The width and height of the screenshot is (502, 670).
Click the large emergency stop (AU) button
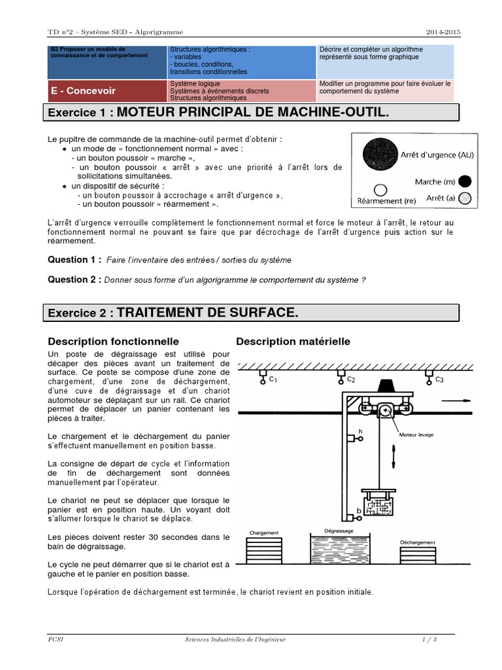pyautogui.click(x=380, y=154)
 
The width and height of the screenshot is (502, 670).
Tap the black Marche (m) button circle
pyautogui.click(x=465, y=181)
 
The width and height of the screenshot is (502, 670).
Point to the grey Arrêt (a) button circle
pyautogui.click(x=464, y=198)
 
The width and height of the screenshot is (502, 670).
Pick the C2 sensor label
pyautogui.click(x=350, y=379)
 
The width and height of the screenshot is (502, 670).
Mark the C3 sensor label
pyautogui.click(x=439, y=379)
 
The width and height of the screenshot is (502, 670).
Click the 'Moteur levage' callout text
pyautogui.click(x=416, y=434)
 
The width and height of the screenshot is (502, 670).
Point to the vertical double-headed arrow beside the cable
pyautogui.click(x=393, y=455)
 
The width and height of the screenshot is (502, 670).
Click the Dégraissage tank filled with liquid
pyautogui.click(x=339, y=548)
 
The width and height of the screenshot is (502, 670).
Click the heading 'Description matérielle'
pyautogui.click(x=293, y=342)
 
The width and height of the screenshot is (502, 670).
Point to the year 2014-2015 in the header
pyautogui.click(x=444, y=31)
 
